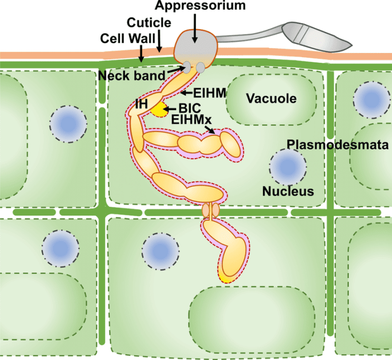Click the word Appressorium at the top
click(x=194, y=6)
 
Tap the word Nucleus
click(x=287, y=191)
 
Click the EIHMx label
click(x=192, y=120)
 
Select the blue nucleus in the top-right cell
click(x=367, y=99)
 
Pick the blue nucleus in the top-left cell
click(x=68, y=124)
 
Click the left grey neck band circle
click(x=187, y=67)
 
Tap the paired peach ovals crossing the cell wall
click(x=211, y=209)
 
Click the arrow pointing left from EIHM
click(x=186, y=93)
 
